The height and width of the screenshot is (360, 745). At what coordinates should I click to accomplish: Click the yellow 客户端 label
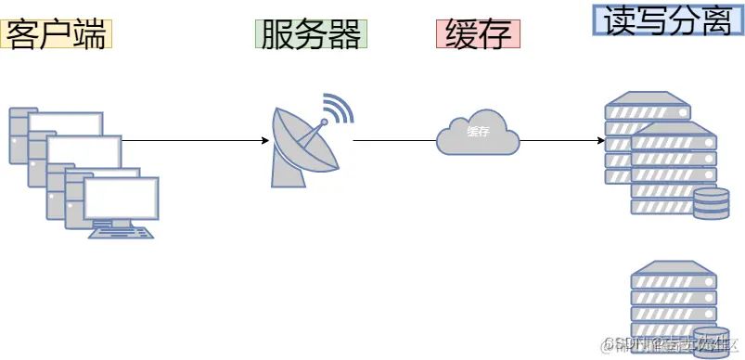(57, 33)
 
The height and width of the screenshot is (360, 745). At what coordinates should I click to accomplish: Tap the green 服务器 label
(311, 34)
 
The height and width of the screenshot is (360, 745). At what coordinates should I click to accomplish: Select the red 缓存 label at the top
(478, 33)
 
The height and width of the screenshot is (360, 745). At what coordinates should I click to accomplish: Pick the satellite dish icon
(302, 144)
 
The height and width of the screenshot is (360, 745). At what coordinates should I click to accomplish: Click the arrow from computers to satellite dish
(195, 141)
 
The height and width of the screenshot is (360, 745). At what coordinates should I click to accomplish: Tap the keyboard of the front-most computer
(122, 233)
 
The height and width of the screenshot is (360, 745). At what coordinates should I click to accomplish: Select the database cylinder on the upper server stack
(710, 203)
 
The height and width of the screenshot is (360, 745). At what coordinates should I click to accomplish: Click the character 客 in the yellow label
(20, 33)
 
